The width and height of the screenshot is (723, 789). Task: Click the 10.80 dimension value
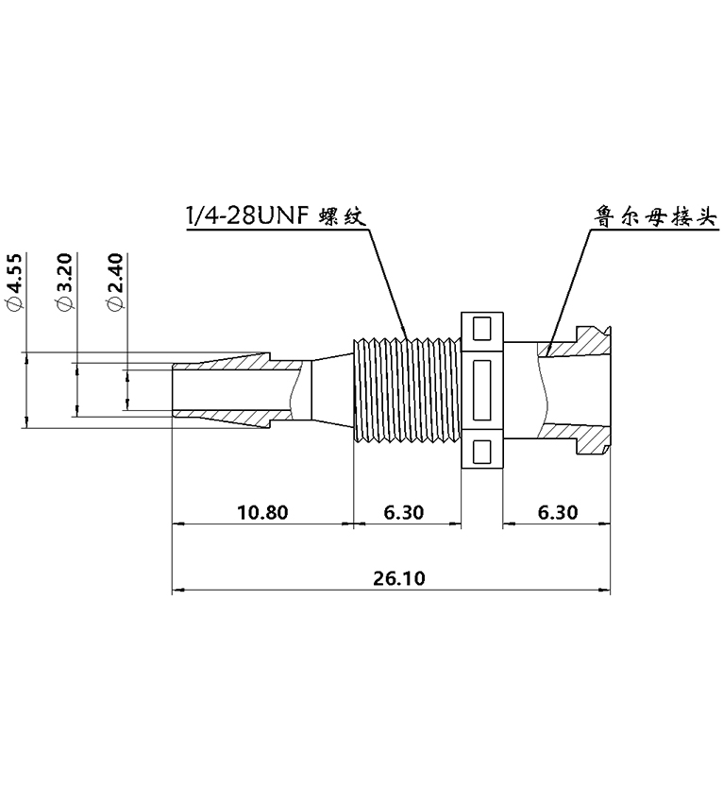click(x=261, y=513)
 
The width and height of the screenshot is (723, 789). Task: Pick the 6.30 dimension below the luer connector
click(x=557, y=513)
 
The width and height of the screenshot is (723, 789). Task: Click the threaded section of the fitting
click(x=406, y=389)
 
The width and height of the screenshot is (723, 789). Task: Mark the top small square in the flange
click(x=481, y=328)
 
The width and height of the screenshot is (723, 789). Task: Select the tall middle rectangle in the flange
click(x=481, y=389)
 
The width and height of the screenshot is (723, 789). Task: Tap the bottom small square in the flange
click(x=481, y=451)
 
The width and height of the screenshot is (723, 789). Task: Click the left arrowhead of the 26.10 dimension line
click(x=177, y=591)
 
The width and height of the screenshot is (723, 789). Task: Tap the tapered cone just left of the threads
click(x=330, y=389)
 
